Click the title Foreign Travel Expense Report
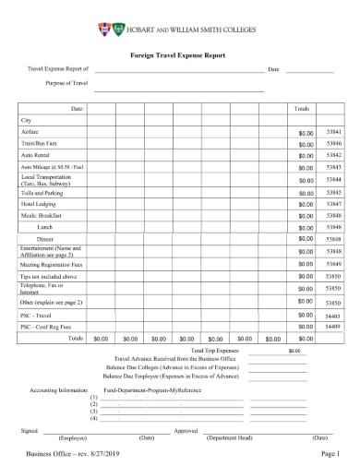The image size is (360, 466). tap(179, 54)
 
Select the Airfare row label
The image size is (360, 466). tap(30, 132)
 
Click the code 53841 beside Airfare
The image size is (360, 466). tap(334, 132)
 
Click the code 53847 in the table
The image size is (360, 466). tap(334, 203)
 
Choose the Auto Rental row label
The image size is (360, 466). tap(34, 155)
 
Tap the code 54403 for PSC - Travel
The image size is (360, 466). tap(334, 315)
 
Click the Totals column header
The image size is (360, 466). tap(301, 109)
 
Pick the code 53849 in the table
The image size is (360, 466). tap(334, 264)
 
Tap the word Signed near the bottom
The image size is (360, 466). tap(29, 429)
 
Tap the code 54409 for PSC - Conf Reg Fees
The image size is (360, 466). tap(334, 326)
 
